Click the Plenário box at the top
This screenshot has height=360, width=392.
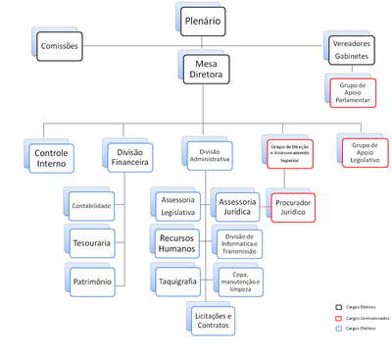point(202,19)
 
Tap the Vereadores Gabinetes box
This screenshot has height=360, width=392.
point(352,50)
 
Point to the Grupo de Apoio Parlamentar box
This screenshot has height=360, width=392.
point(352,90)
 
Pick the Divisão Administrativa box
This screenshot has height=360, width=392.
point(208,153)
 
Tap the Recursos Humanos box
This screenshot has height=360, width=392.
point(177,241)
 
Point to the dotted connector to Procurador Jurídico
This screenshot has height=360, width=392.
point(266,207)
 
